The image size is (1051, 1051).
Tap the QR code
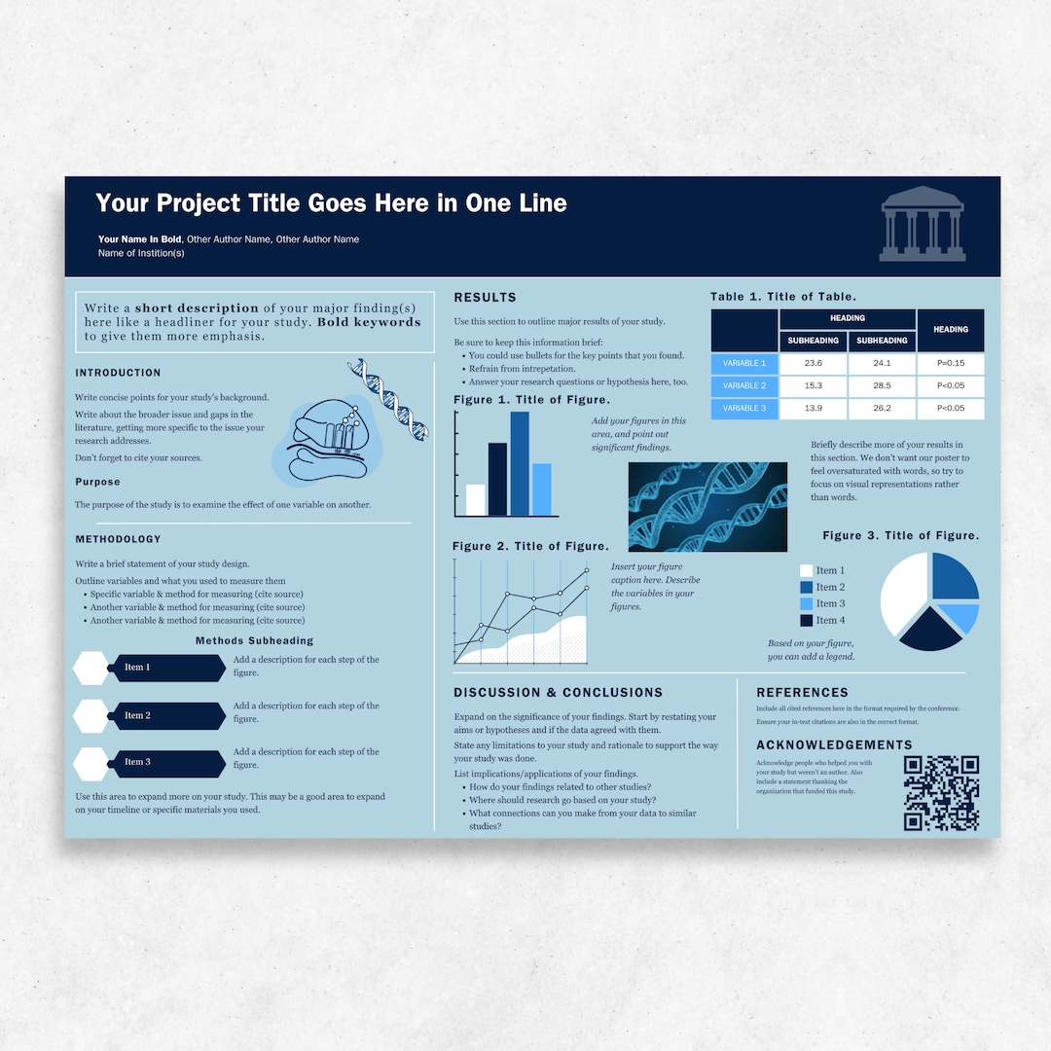(940, 793)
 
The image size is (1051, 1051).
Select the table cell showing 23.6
(814, 363)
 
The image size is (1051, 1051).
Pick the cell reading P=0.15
(951, 363)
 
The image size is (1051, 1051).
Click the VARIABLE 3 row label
(744, 409)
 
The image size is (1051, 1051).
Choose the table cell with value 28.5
(882, 386)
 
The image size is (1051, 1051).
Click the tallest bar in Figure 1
(520, 463)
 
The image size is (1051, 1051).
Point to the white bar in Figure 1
(476, 499)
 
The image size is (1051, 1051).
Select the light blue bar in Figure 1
(542, 489)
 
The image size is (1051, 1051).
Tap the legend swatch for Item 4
(806, 620)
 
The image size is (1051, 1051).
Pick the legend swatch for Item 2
(806, 587)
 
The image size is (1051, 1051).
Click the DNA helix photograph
(707, 507)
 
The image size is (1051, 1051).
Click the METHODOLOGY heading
(118, 539)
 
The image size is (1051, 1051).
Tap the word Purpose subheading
(97, 482)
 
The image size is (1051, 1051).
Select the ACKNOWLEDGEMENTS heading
(834, 745)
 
